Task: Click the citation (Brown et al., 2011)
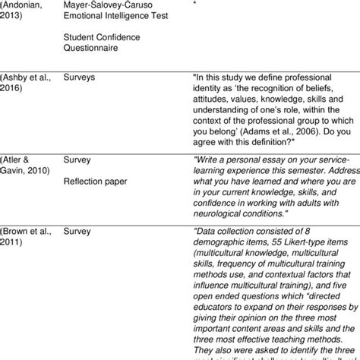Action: pos(31,237)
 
